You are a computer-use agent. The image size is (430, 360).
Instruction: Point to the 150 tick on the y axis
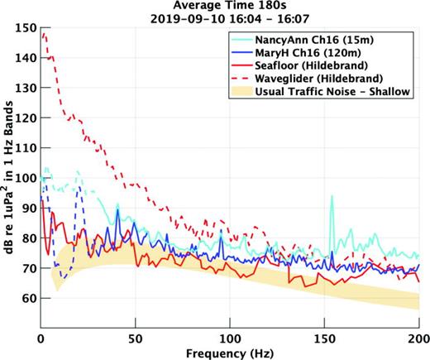tap(28, 28)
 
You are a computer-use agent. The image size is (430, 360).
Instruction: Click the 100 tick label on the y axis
tap(28, 178)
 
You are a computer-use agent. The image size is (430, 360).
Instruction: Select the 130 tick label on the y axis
tap(28, 89)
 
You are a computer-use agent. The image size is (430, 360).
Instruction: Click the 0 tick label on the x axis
tap(41, 338)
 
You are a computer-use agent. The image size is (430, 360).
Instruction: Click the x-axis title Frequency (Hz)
tap(229, 353)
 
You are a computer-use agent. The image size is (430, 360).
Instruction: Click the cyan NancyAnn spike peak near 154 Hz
tap(332, 196)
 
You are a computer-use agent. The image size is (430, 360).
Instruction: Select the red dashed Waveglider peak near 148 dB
tap(44, 34)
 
